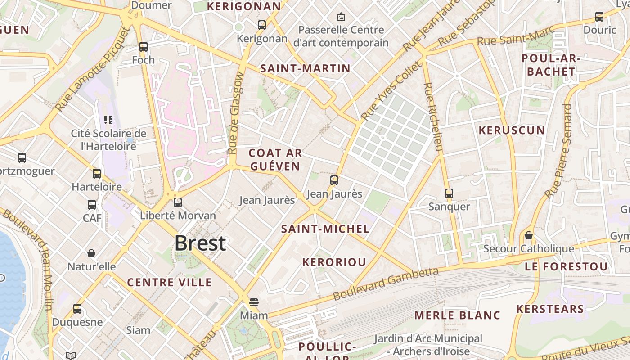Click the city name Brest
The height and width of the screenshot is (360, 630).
[x=200, y=243]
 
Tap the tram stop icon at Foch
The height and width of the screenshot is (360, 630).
[x=144, y=46]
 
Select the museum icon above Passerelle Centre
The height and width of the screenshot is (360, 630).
[x=341, y=17]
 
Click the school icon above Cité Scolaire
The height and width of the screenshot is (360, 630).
[x=108, y=120]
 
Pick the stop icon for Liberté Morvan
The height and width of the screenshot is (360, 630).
[x=178, y=202]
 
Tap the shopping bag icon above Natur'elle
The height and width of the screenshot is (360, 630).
[x=91, y=253]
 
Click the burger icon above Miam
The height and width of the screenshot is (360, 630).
[x=254, y=302]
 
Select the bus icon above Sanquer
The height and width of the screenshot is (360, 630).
[x=449, y=193]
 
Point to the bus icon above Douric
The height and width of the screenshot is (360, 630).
[x=599, y=17]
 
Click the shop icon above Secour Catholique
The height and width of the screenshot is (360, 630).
[x=529, y=235]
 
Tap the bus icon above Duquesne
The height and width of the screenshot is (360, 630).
[x=77, y=309]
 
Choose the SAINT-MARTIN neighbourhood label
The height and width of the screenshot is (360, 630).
[x=305, y=68]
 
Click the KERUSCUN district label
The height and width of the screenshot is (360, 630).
[x=512, y=130]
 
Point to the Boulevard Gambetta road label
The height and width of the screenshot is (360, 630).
[x=386, y=283]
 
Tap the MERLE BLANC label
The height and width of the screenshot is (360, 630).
[x=457, y=315]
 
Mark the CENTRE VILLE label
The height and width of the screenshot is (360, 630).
[x=169, y=282]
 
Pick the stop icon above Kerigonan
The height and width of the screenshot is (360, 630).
[x=262, y=25]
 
